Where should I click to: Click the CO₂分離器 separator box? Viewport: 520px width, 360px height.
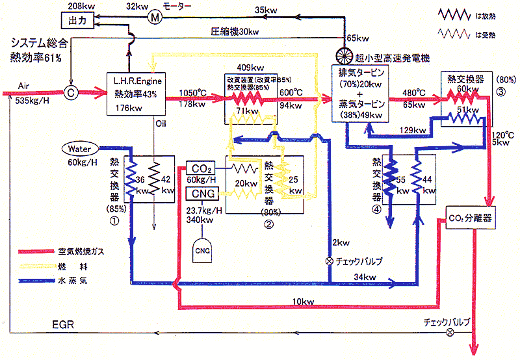coord(470,218)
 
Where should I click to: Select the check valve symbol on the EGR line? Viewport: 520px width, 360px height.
coord(450,332)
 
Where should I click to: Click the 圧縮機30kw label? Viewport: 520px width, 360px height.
coord(235,31)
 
